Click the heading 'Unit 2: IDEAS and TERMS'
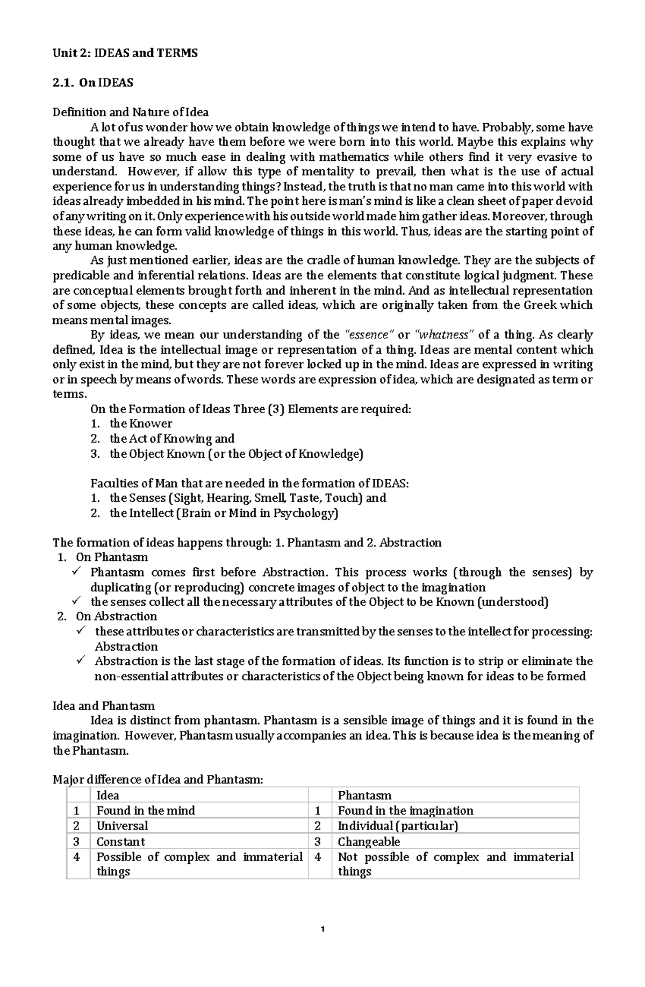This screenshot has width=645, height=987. pyautogui.click(x=125, y=53)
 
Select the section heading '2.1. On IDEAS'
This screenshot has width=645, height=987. pyautogui.click(x=93, y=83)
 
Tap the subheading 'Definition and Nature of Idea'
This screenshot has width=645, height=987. pyautogui.click(x=130, y=112)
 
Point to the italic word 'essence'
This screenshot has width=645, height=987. pyautogui.click(x=368, y=335)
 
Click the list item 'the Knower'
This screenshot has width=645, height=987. pyautogui.click(x=141, y=424)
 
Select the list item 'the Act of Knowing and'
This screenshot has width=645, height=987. pyautogui.click(x=172, y=439)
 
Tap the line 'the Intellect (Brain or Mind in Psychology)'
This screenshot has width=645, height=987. pyautogui.click(x=224, y=513)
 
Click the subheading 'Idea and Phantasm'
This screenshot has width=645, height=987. pyautogui.click(x=104, y=706)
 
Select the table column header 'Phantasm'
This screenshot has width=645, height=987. pyautogui.click(x=364, y=796)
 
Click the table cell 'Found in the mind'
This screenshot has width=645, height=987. pyautogui.click(x=146, y=811)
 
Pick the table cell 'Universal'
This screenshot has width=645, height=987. pyautogui.click(x=122, y=826)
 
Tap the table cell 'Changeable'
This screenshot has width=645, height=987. pyautogui.click(x=369, y=842)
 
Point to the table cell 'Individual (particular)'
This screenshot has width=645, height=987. pyautogui.click(x=398, y=826)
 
